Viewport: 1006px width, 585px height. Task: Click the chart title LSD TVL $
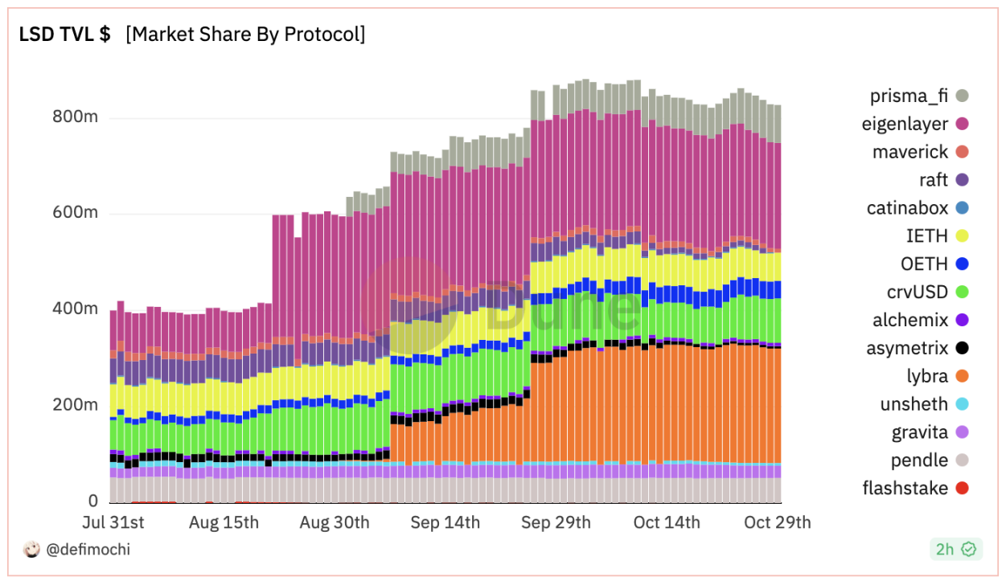point(64,35)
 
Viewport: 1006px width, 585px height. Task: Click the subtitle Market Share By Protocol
point(245,35)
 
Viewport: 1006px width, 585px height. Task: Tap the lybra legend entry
point(926,376)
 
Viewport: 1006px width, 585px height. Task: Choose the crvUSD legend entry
point(918,292)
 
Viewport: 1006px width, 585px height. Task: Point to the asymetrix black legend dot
point(962,349)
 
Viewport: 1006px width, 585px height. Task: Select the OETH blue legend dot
point(962,264)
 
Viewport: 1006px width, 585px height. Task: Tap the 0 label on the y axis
point(92,501)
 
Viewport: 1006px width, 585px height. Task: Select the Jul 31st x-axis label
point(113,523)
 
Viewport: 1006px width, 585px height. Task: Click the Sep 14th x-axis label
point(445,523)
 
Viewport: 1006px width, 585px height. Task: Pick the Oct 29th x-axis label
point(777,523)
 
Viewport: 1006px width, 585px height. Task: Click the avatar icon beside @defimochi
point(31,550)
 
